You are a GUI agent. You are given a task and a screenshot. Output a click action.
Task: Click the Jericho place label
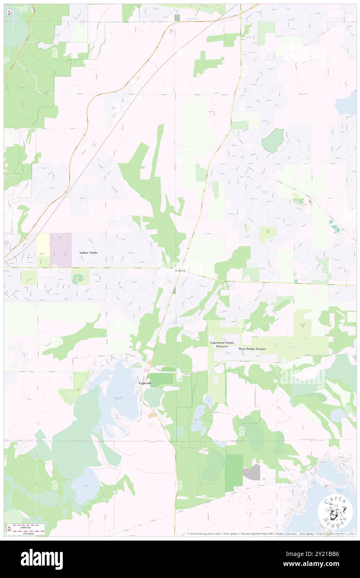[x=180, y=271]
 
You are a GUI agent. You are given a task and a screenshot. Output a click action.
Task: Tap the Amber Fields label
[x=88, y=252]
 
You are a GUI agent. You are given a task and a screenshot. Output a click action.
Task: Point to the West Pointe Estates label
[x=252, y=348]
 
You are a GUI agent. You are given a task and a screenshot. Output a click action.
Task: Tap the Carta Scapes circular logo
[x=334, y=511]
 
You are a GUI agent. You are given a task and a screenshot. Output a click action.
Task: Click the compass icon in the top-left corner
[x=9, y=13]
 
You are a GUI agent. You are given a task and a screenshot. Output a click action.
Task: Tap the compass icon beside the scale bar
[x=9, y=528]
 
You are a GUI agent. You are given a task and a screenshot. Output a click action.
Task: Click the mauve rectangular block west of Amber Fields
[x=61, y=249]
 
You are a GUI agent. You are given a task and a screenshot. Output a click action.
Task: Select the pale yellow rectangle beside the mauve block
[x=43, y=245]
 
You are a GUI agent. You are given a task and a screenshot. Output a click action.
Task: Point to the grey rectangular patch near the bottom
[x=252, y=472]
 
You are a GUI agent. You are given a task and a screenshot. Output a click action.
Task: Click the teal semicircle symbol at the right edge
[x=335, y=228]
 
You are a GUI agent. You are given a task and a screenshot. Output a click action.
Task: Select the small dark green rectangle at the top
[x=178, y=17]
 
